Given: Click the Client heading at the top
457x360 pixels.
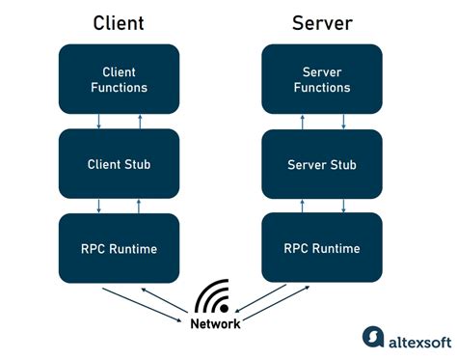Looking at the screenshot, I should tap(120, 22).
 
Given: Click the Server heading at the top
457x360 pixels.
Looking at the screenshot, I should tap(323, 22).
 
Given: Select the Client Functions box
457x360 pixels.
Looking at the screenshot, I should tap(120, 79).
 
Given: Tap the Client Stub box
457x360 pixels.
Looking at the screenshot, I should tap(120, 164).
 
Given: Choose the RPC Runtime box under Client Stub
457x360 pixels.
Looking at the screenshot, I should tap(120, 249).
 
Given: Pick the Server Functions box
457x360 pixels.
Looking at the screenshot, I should tap(323, 79).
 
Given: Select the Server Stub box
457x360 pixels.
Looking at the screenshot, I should tap(323, 164).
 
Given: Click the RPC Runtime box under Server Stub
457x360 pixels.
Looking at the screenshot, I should tap(323, 249).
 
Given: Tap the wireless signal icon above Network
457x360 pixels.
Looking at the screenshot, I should tap(215, 297).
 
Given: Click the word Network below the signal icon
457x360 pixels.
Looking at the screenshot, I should tap(215, 324).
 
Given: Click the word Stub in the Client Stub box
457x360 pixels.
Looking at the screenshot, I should tap(137, 164).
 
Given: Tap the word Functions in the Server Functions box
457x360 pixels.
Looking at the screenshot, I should tap(323, 88).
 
